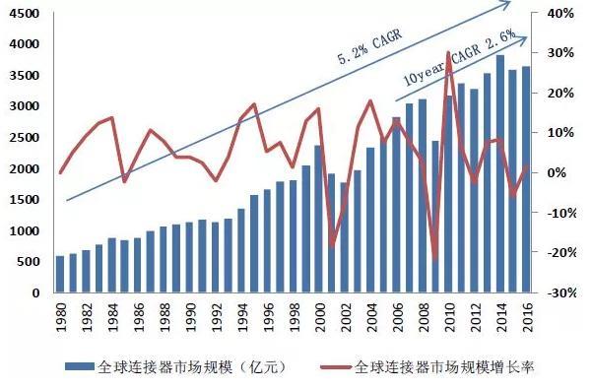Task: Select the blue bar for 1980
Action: coord(60,275)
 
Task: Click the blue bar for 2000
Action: coord(318,220)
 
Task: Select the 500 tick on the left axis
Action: coord(31,262)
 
